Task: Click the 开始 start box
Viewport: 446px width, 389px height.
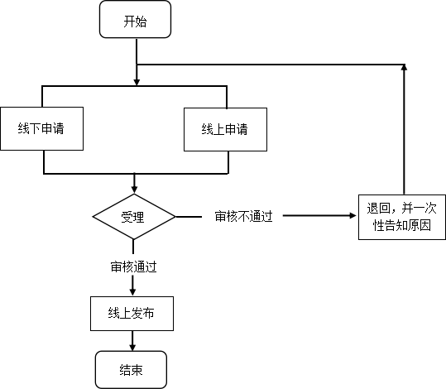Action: (x=135, y=19)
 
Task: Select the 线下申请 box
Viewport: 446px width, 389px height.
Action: (x=42, y=128)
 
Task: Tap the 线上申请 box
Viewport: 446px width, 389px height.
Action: (x=225, y=129)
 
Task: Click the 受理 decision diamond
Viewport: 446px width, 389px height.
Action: (x=134, y=217)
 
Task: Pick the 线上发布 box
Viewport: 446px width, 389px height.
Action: (x=132, y=314)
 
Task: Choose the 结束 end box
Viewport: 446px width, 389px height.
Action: (x=131, y=370)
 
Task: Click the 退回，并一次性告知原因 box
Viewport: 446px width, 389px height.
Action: (x=402, y=217)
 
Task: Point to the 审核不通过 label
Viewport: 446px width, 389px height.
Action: (x=244, y=217)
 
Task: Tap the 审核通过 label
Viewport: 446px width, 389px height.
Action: (x=134, y=267)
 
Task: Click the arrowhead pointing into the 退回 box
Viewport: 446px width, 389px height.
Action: (x=352, y=216)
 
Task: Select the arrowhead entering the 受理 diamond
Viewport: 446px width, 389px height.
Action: (x=134, y=190)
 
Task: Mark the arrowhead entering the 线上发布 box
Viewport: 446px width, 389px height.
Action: (x=132, y=292)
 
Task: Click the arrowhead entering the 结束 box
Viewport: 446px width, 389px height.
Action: (x=132, y=347)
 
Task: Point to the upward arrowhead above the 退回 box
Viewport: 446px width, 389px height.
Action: (x=404, y=68)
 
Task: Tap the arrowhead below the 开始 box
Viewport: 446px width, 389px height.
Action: (x=137, y=82)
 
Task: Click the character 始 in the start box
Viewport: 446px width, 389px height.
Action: (x=141, y=22)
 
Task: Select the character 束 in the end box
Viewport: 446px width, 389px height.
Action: (x=137, y=370)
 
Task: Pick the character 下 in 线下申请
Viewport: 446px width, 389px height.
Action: (x=36, y=128)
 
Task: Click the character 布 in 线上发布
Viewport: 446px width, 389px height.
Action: (x=148, y=314)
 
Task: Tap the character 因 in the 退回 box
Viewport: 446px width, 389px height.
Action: (x=425, y=225)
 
